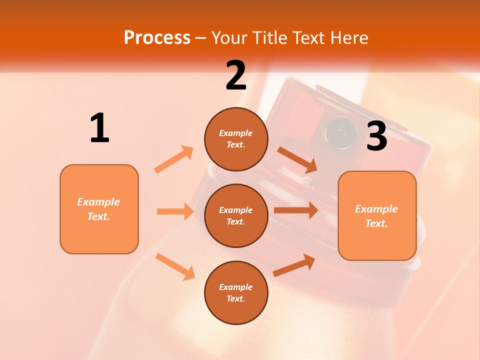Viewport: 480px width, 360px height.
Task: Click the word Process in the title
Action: tap(157, 37)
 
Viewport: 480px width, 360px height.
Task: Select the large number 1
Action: tap(99, 128)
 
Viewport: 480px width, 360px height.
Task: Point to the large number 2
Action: tap(236, 75)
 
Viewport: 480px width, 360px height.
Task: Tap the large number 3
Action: tap(377, 136)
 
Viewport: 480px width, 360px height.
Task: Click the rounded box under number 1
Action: tap(99, 209)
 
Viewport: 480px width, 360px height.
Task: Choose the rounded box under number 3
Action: tap(377, 215)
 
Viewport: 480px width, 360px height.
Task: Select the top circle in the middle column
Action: tap(236, 139)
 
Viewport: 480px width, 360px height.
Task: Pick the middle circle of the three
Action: tap(236, 215)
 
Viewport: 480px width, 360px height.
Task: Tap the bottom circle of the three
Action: tap(236, 292)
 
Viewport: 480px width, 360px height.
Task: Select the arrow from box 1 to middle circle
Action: tap(175, 211)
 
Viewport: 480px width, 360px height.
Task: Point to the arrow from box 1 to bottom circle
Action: tap(175, 266)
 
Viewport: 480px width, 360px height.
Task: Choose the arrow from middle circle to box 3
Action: tap(295, 210)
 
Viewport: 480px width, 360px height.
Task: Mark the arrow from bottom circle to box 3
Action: tap(294, 265)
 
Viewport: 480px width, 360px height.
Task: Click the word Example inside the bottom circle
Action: tap(236, 287)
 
